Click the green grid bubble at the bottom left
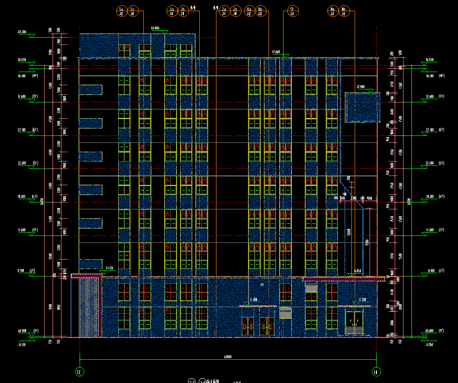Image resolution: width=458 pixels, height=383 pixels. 80,372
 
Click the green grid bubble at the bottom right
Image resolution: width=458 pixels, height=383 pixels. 376,372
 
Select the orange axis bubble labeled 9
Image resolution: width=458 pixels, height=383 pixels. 293,11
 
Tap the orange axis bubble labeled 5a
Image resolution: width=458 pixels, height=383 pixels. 121,11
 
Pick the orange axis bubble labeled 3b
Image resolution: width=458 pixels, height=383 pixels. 183,11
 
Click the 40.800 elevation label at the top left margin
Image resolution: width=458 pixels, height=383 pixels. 22,32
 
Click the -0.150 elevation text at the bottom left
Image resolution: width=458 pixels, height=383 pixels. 21,345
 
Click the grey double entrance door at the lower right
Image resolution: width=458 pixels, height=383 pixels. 354,323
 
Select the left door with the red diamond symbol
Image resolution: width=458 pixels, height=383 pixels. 248,326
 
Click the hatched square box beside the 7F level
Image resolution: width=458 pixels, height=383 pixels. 362,107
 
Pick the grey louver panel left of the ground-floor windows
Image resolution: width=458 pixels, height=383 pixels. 285,312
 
